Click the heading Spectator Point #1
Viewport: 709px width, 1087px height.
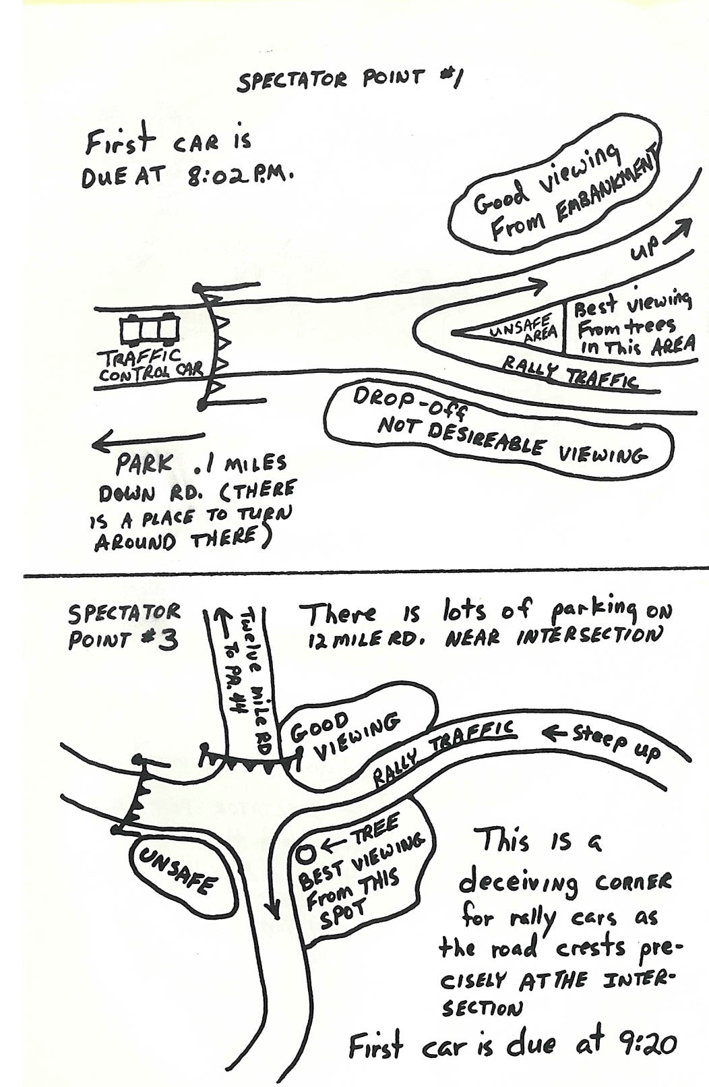click(x=349, y=79)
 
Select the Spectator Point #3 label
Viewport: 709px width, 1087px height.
click(x=123, y=627)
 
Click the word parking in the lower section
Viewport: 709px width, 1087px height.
click(x=591, y=612)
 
